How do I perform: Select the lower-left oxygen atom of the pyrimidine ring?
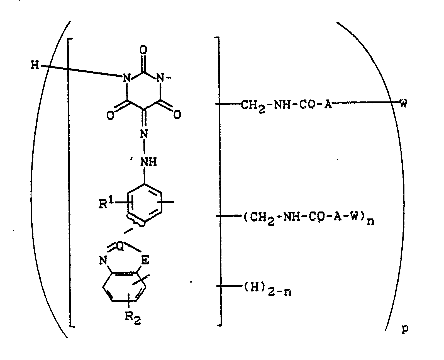coord(111,115)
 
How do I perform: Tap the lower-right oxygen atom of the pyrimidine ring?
coord(177,115)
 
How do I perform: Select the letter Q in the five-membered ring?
coord(120,247)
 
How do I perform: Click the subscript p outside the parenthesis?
coord(405,329)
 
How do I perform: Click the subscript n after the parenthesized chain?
coord(370,222)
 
